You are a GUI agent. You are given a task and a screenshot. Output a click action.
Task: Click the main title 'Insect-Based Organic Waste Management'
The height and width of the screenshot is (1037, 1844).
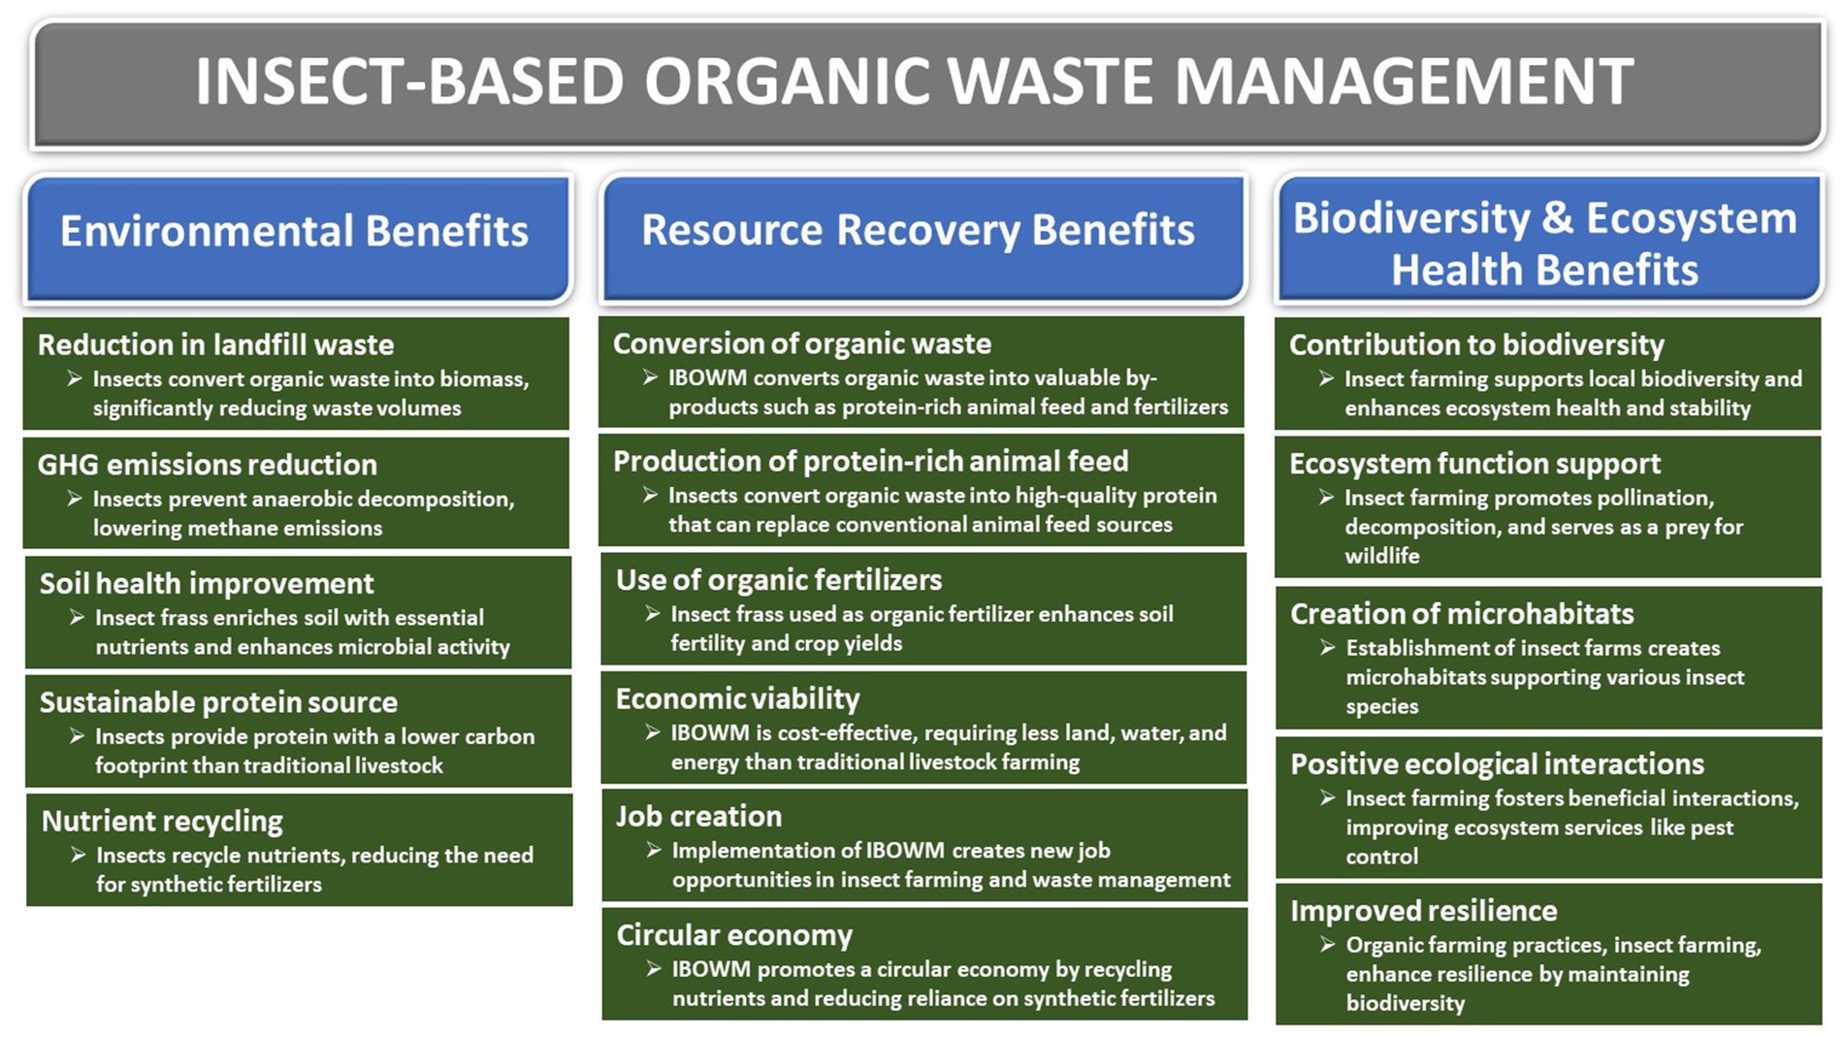[915, 81]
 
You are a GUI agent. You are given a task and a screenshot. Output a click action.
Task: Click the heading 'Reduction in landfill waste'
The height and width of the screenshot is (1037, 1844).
[215, 344]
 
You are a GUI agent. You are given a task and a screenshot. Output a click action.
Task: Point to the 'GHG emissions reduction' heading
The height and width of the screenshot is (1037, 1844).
[207, 465]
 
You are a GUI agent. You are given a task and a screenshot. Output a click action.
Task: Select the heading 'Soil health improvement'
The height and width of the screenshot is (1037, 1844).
[207, 583]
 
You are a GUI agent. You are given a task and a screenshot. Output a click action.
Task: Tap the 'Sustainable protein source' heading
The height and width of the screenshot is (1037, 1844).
[218, 702]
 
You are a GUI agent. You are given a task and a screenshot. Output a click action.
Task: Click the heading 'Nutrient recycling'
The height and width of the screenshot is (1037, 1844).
[162, 822]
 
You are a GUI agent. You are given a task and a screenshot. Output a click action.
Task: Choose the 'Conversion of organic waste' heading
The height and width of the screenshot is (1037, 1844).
[802, 343]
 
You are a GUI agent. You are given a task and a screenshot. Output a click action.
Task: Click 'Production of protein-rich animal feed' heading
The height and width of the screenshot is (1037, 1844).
[871, 461]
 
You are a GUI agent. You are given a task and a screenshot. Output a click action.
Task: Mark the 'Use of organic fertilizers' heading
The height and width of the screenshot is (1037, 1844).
[779, 580]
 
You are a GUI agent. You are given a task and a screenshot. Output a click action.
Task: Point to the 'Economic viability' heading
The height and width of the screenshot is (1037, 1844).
[737, 698]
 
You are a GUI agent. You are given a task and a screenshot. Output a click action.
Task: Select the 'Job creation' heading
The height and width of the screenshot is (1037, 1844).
[698, 817]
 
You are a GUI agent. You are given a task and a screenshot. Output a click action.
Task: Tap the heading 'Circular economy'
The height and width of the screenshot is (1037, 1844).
[734, 935]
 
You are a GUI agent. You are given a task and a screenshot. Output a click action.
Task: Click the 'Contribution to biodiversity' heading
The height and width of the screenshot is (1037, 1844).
[1476, 344]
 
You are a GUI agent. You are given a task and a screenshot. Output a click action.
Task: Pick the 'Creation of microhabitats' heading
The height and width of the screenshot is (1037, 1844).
[1462, 614]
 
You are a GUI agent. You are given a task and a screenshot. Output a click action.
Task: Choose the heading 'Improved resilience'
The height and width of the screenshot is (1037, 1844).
[1423, 911]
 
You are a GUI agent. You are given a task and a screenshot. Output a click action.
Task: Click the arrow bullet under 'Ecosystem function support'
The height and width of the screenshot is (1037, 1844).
[1327, 498]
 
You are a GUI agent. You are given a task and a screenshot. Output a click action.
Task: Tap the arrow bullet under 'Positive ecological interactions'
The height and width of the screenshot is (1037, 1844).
[1328, 798]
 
